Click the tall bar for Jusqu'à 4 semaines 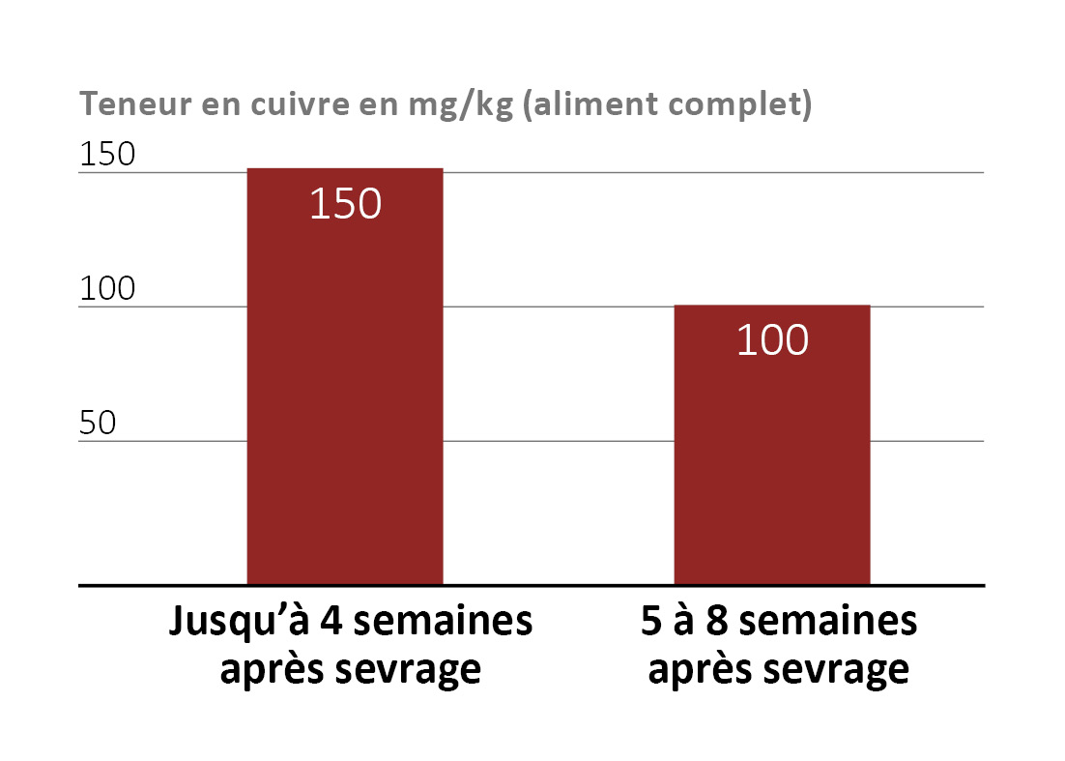345,387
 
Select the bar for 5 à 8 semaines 771,454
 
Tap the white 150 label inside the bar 346,204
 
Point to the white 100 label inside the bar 772,340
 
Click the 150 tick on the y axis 108,155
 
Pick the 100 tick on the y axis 108,289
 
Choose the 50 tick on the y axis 98,424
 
